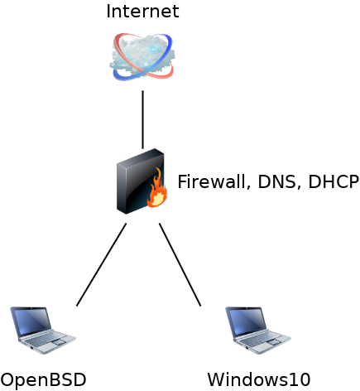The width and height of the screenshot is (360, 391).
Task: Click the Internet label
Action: (142, 12)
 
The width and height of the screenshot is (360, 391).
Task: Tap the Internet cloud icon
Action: (142, 57)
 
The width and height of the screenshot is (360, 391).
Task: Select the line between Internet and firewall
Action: (142, 119)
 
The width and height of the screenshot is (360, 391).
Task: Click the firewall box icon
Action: (142, 181)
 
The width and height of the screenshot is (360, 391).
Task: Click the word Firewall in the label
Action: (211, 181)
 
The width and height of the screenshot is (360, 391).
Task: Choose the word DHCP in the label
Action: (334, 181)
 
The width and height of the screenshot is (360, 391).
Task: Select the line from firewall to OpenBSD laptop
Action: (101, 264)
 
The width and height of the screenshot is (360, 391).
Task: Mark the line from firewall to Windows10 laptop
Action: (180, 264)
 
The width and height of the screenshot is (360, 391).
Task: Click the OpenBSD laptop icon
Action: (43, 331)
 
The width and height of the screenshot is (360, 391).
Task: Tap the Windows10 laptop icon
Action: (258, 331)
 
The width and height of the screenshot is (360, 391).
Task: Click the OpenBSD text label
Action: (43, 379)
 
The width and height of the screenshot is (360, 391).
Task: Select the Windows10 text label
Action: (259, 379)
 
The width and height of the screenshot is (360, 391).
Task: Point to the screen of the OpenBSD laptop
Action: (31, 321)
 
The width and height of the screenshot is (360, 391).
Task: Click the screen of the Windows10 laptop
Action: (247, 321)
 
